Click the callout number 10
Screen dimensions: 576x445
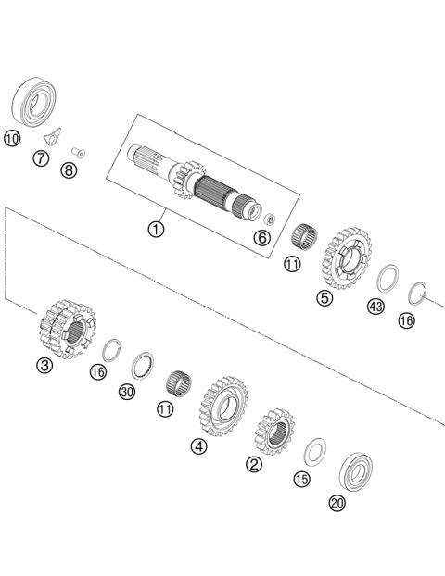point(12,140)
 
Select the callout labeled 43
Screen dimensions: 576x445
point(375,307)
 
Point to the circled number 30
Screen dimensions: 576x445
point(127,392)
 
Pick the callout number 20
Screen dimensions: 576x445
point(337,503)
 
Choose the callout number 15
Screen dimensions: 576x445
point(300,479)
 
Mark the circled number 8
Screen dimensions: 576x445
point(69,170)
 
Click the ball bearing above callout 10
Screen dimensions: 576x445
point(36,101)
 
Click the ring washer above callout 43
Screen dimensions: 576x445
point(388,277)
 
